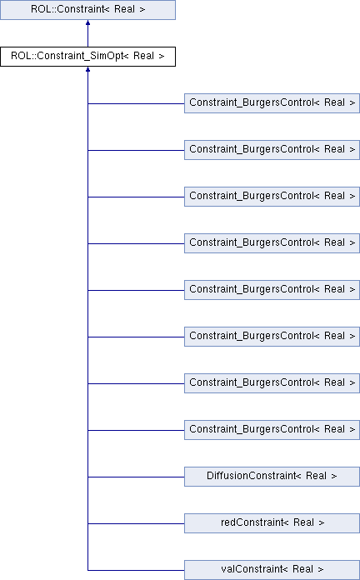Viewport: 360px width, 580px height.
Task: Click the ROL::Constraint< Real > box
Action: pos(87,10)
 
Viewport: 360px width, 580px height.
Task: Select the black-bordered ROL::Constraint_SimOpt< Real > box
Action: pos(87,57)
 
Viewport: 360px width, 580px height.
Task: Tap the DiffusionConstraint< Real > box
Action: pos(272,477)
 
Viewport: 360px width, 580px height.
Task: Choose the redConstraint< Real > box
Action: pos(272,523)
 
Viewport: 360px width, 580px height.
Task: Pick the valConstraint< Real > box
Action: pos(272,570)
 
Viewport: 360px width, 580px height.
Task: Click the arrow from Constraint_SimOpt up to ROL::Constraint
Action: pos(87,33)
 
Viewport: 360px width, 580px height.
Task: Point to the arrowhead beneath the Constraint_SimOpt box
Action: pos(87,69)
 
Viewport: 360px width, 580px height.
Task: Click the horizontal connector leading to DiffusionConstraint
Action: pos(136,477)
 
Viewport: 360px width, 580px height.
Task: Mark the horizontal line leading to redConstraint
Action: pos(136,523)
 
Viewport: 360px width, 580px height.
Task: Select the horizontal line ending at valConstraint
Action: pos(136,570)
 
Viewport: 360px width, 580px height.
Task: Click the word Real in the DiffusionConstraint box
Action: pos(316,476)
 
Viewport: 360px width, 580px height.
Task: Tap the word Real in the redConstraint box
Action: pos(303,522)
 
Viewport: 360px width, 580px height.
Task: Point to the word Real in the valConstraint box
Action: pos(302,569)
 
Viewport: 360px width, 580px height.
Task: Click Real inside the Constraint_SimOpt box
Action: pos(143,56)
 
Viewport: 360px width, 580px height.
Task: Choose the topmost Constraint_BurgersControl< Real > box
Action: pos(272,103)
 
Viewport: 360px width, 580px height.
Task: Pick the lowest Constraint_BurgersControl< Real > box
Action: pos(272,430)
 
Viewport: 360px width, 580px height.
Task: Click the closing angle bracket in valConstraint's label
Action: pos(321,569)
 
